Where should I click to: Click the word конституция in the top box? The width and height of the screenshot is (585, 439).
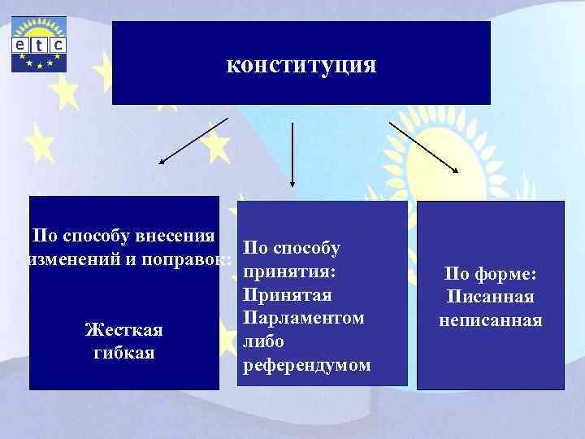(301, 64)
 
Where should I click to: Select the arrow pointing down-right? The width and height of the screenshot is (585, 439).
(424, 146)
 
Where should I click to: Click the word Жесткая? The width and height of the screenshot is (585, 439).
(123, 330)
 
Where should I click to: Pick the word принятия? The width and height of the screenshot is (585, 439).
(289, 269)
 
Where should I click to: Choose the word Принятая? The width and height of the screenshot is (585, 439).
(287, 293)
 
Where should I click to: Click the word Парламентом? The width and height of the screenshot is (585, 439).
(303, 317)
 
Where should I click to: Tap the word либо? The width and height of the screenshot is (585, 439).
(262, 341)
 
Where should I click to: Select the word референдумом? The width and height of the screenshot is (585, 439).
(306, 366)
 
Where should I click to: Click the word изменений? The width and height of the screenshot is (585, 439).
(70, 260)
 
